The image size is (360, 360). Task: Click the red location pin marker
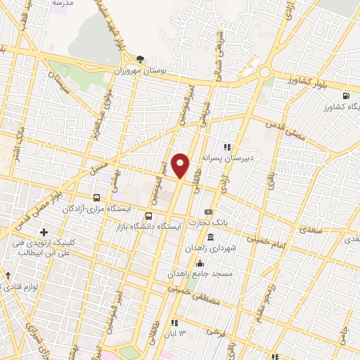click(x=181, y=165)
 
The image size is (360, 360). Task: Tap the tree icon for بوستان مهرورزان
click(x=140, y=59)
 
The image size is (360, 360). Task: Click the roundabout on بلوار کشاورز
click(x=265, y=72)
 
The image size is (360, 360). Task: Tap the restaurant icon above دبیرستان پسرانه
click(x=227, y=147)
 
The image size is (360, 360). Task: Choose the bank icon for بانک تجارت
click(x=208, y=212)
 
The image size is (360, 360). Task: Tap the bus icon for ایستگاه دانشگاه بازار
click(x=148, y=216)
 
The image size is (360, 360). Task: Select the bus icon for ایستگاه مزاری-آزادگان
click(x=97, y=198)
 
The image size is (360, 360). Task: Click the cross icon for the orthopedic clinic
click(x=44, y=231)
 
